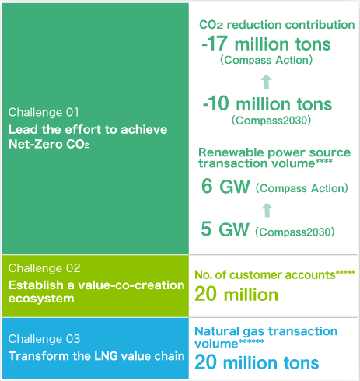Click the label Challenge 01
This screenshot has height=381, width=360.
coord(44,113)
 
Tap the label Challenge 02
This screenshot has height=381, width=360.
coord(44,268)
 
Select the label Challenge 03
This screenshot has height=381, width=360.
coord(44,339)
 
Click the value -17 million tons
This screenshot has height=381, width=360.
coord(266,44)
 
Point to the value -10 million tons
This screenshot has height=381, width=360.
coord(267,103)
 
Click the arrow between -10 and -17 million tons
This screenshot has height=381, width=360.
coord(266,82)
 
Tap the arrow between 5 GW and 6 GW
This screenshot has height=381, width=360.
coord(267,210)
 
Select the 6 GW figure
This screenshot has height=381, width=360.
coord(225,186)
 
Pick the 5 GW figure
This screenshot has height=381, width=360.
coord(225,229)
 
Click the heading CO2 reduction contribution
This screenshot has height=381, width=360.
coord(277,25)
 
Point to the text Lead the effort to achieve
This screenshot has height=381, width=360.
coord(88,130)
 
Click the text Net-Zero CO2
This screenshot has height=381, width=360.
coord(49,144)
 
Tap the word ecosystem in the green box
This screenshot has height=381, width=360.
coord(41,299)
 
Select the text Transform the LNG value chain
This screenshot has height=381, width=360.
coord(96,356)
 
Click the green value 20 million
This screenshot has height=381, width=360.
coord(236,295)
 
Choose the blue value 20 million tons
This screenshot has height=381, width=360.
coord(257,362)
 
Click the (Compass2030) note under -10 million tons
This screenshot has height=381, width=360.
coord(271,121)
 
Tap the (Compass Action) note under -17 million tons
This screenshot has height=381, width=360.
coord(266,60)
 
